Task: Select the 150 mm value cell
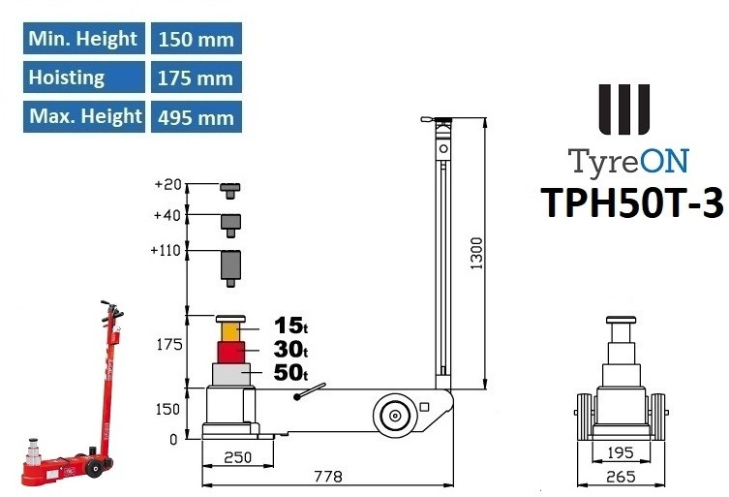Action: pos(195,39)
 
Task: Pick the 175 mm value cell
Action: pos(195,78)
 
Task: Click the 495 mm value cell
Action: pos(195,117)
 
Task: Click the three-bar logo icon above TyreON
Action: pos(623,109)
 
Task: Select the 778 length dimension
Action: pos(327,476)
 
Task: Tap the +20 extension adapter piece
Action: pos(230,188)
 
